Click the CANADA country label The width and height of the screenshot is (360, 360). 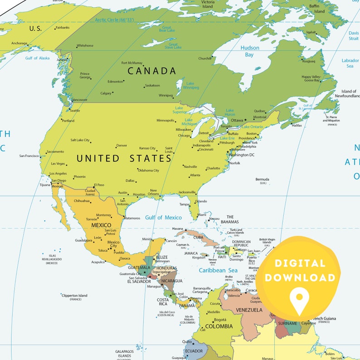coord(151,71)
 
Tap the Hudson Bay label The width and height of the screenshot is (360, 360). coord(250,51)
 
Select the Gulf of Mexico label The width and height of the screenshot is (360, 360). coord(163,218)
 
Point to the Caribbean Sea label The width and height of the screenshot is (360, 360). coord(219,270)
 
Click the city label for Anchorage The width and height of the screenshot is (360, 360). coord(19,44)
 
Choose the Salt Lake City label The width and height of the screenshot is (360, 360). coord(80,140)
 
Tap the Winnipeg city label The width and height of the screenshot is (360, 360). coord(165,96)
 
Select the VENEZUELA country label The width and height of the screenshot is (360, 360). coord(249,310)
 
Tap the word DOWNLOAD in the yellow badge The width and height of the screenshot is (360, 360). coord(300,277)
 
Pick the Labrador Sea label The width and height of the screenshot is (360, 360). coord(350,63)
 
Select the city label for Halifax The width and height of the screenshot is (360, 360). coord(297,125)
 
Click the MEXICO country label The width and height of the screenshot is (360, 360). coord(101,225)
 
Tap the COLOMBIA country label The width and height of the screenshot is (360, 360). coord(219,326)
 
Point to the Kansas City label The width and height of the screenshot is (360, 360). coord(147,148)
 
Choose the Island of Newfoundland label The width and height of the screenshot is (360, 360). coord(349,94)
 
